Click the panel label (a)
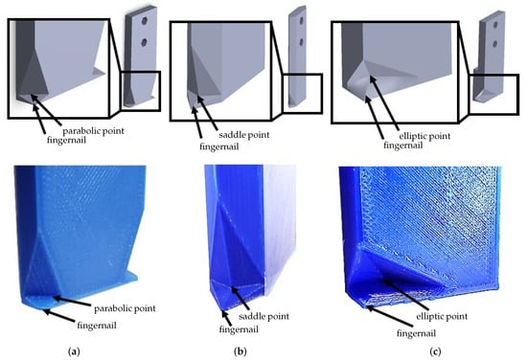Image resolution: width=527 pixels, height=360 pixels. click(x=74, y=351)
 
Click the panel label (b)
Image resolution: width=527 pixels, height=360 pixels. click(x=240, y=351)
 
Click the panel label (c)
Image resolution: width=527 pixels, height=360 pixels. click(x=435, y=351)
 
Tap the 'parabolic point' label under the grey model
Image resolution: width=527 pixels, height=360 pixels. click(x=94, y=131)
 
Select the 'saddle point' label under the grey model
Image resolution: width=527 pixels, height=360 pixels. click(x=244, y=135)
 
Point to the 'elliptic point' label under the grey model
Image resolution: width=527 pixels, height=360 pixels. click(x=424, y=136)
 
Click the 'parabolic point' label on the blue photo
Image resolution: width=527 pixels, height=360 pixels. click(x=125, y=308)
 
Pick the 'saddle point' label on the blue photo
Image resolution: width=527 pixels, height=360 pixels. click(x=263, y=316)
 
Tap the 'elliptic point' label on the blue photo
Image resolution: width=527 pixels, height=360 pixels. click(x=442, y=316)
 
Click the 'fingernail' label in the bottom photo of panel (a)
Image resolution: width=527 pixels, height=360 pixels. click(x=97, y=326)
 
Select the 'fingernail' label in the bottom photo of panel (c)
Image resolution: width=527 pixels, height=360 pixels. click(x=417, y=333)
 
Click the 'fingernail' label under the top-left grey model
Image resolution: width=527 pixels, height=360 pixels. click(x=66, y=140)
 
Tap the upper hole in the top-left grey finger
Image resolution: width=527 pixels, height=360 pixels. click(x=145, y=21)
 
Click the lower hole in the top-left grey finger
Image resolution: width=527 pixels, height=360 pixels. click(x=145, y=42)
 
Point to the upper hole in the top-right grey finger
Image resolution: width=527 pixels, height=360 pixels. click(x=495, y=25)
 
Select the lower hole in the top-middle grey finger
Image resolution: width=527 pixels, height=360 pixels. click(x=302, y=42)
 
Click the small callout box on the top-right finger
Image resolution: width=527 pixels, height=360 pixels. click(x=493, y=95)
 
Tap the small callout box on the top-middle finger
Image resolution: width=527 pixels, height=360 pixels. click(x=303, y=94)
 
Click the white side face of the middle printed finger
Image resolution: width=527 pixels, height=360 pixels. click(x=279, y=229)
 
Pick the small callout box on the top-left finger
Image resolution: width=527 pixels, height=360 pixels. click(x=141, y=91)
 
